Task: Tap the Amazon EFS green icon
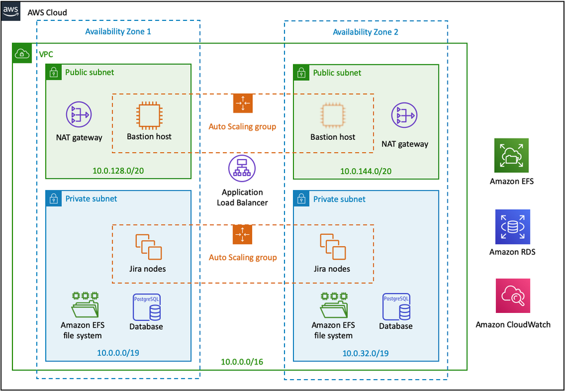pos(512,155)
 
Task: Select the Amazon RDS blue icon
pos(512,227)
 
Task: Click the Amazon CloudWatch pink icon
pos(512,296)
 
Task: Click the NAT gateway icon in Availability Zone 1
pos(79,115)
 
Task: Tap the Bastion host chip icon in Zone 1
pos(149,115)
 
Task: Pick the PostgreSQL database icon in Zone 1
pos(146,307)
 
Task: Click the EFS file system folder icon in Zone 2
pos(333,306)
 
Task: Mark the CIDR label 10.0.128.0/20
pos(118,171)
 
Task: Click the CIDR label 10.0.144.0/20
pos(366,171)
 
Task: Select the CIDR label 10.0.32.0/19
pos(365,353)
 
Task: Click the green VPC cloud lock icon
pos(21,53)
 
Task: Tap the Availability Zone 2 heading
pos(365,32)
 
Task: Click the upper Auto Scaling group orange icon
pos(242,104)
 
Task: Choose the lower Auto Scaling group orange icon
pos(242,234)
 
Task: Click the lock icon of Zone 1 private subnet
pos(54,199)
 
